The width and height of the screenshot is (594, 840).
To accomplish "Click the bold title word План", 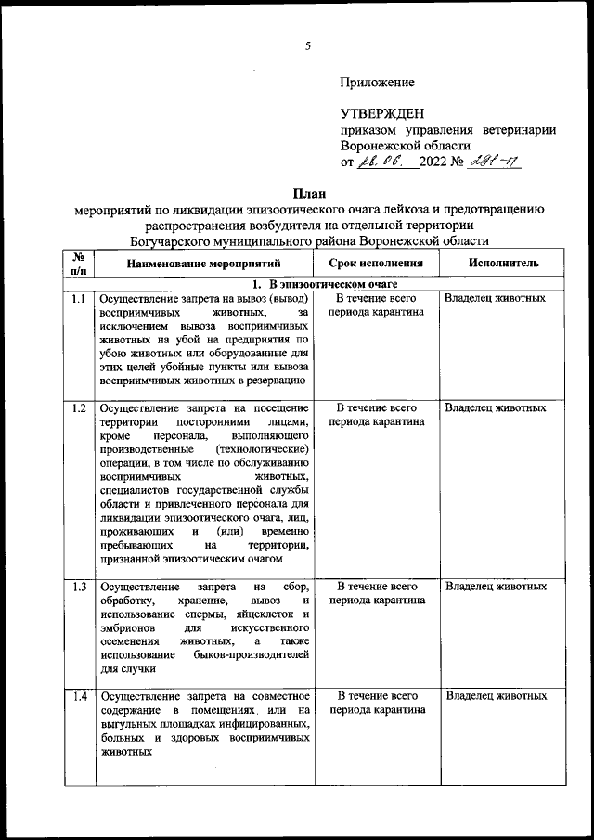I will (x=307, y=194).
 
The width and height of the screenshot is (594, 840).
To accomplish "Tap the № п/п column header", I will (x=79, y=263).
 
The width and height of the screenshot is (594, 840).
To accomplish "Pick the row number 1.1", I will (x=79, y=299).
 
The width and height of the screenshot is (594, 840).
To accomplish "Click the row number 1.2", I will (x=79, y=407).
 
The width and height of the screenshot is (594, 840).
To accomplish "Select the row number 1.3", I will (x=79, y=587).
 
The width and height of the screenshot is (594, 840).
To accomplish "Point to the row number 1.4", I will (x=79, y=695).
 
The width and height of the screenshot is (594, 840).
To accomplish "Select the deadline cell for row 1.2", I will (x=376, y=414).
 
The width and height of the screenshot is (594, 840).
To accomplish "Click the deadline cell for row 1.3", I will (x=376, y=593).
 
